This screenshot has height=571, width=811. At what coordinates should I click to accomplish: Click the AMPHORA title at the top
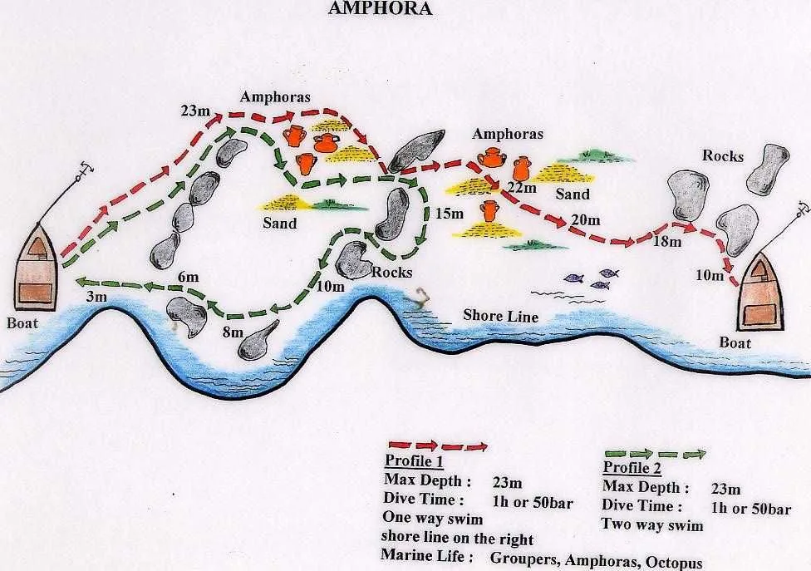point(381,9)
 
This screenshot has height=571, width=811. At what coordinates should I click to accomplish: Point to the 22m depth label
point(523,188)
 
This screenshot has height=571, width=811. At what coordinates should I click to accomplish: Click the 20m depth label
point(586,219)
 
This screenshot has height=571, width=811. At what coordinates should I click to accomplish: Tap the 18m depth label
point(667,242)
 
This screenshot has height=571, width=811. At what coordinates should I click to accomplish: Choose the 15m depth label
point(449,214)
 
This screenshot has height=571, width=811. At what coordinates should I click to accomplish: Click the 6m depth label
point(188,276)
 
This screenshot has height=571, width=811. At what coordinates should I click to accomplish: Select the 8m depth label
point(232,332)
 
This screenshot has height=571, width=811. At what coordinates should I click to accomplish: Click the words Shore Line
point(500,317)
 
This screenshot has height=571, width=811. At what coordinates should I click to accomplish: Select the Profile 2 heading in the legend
point(631,467)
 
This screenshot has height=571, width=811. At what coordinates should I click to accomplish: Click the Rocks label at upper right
point(722,155)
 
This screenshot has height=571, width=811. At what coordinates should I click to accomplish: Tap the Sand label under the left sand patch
point(279,223)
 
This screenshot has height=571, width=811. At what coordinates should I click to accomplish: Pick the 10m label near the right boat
point(709,275)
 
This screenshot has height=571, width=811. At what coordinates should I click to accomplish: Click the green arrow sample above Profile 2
point(654,454)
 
